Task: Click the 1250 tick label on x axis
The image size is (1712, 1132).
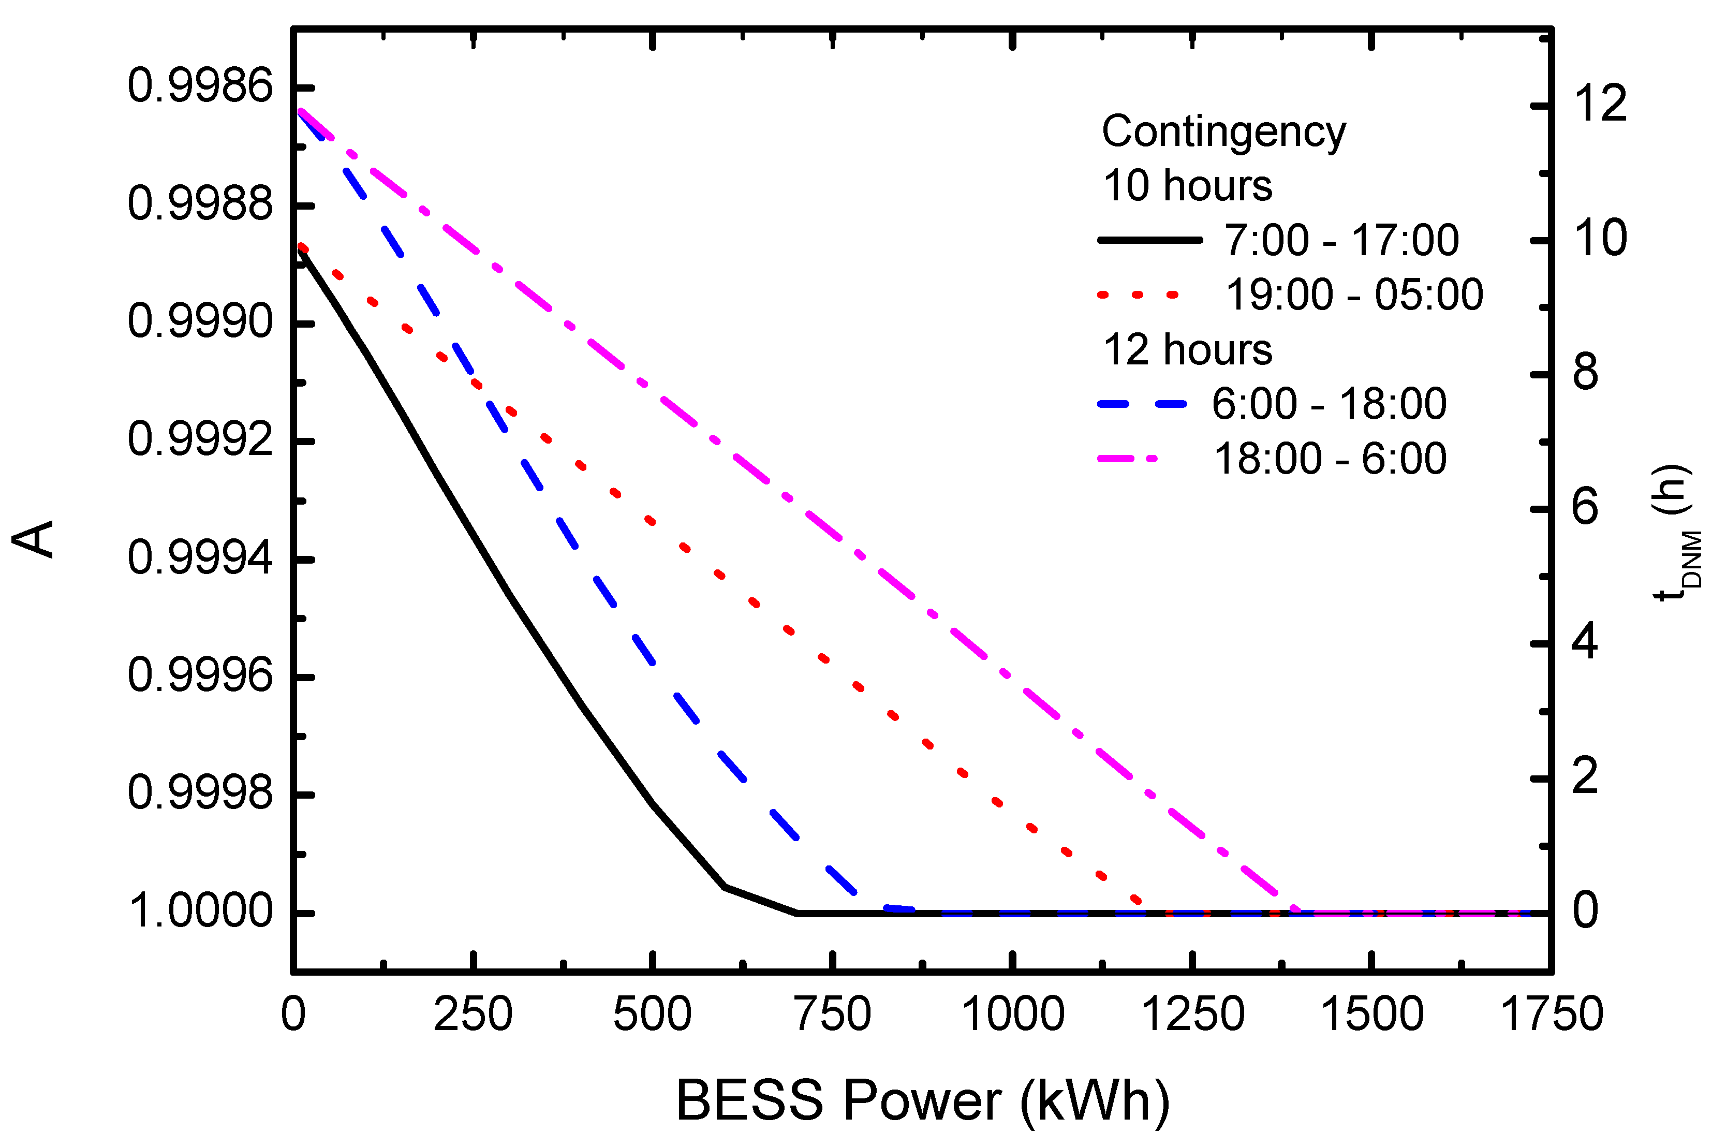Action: click(x=1192, y=1015)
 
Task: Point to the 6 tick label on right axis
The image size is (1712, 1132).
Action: click(x=1585, y=508)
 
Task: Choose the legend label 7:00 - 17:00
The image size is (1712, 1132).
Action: click(x=1341, y=240)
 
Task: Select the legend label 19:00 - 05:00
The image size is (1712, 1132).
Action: click(x=1354, y=295)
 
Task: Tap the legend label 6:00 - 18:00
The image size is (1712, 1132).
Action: click(x=1329, y=404)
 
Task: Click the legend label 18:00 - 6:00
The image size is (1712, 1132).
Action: click(x=1330, y=459)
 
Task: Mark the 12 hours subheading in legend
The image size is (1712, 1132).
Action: click(x=1187, y=350)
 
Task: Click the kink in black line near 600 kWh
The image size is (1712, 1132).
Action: click(x=725, y=886)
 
